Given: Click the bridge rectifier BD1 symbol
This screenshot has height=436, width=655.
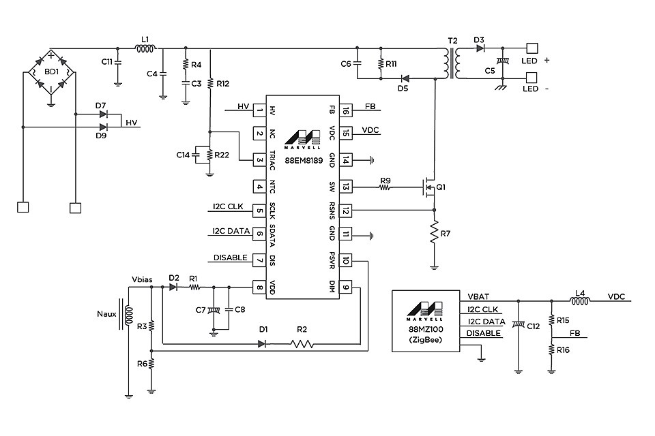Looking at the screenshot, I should point(50,71).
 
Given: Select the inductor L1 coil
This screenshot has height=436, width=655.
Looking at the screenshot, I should point(145,48).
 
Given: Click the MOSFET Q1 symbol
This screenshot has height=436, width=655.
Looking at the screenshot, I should point(428,186).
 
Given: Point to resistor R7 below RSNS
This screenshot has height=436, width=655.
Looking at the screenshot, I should point(433,234).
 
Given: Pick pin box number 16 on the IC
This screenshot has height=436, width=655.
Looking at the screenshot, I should point(347,110).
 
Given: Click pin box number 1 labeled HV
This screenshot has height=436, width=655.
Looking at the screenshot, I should point(259,110).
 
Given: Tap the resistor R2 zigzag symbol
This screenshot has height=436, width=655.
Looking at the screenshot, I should point(302,344).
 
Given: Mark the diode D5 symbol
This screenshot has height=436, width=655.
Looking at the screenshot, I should point(404,78).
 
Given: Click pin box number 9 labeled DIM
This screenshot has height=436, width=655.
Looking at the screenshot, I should point(347,287).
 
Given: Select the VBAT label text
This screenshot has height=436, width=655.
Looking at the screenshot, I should point(478,297).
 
